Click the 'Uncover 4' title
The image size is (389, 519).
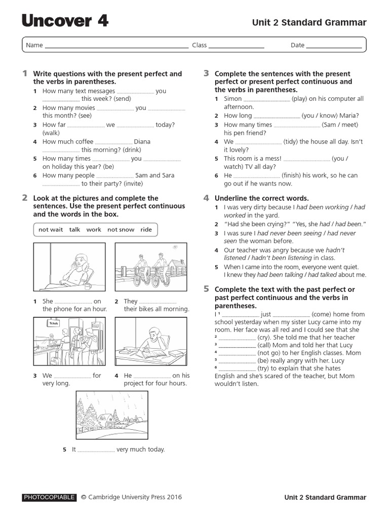tap(65, 21)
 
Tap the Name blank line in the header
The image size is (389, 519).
tap(116, 46)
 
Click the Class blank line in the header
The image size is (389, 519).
tap(237, 46)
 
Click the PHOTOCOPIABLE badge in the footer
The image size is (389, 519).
tap(49, 497)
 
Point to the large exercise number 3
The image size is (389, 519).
tap(206, 73)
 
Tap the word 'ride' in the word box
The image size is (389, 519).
tap(146, 230)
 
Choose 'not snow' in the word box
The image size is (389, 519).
tap(121, 230)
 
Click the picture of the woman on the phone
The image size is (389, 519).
tap(69, 267)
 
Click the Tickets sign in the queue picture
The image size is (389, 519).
tap(53, 323)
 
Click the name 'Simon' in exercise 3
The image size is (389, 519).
tap(233, 99)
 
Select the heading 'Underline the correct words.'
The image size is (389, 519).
tap(261, 198)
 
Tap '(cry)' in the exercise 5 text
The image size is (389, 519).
tap(264, 337)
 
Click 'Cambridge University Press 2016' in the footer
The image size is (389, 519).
tap(135, 497)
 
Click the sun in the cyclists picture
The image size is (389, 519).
tap(175, 247)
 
